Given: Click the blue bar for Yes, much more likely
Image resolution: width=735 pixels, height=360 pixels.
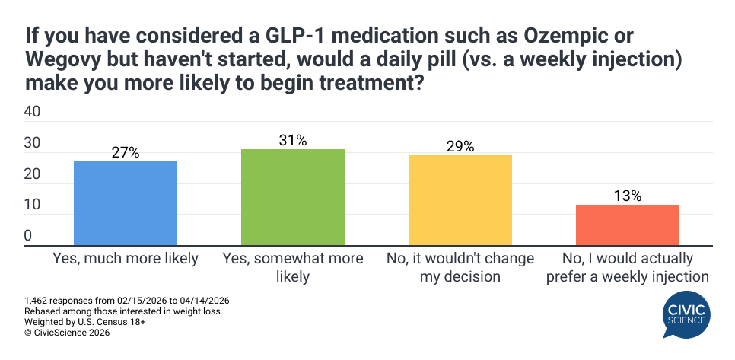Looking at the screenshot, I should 126,203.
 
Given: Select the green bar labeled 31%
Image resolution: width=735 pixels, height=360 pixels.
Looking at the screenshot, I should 293,197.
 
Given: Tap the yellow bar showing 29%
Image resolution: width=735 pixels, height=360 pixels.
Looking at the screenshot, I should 460,200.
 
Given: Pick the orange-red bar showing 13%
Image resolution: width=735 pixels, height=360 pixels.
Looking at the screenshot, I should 628,225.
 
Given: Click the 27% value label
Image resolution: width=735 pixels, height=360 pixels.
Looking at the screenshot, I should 126,152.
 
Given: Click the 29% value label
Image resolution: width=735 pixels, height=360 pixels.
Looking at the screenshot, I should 460,146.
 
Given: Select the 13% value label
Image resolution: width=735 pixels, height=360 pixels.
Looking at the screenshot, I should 628,196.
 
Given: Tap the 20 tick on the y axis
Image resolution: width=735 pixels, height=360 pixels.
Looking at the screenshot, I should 33,174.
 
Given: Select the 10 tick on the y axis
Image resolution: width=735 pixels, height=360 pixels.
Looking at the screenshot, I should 33,205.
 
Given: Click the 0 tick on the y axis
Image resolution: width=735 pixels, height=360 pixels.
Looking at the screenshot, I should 28,236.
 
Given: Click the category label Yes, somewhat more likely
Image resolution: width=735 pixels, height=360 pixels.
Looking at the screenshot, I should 293,267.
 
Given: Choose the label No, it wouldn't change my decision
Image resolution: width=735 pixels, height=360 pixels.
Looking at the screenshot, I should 460,267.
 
